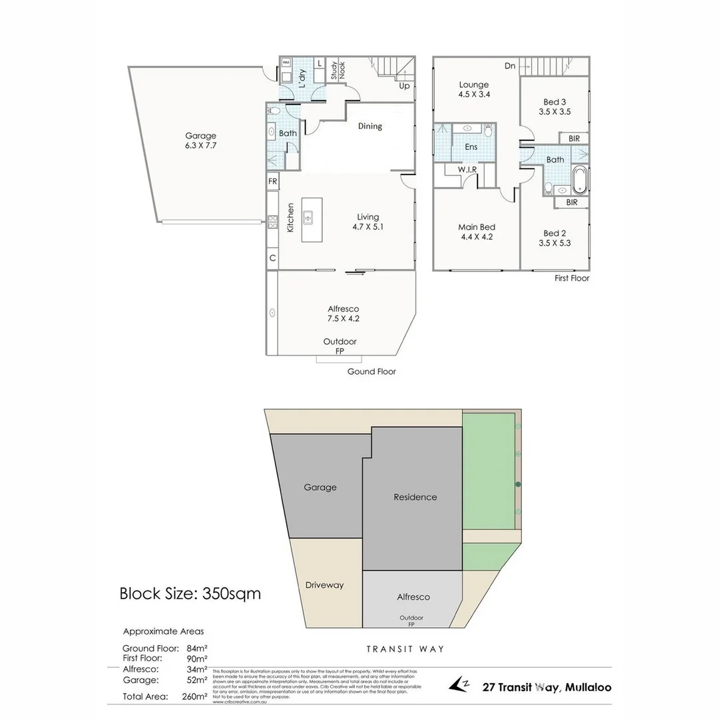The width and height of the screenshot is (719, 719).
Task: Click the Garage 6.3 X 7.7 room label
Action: tap(200, 140)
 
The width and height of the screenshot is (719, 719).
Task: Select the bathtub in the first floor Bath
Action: tap(580, 180)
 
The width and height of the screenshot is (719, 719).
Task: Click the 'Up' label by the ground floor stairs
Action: tap(404, 86)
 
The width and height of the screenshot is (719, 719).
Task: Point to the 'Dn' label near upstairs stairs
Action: tap(510, 66)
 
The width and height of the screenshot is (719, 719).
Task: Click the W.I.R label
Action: tap(467, 170)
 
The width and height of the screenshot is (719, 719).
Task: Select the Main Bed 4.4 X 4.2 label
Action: tap(477, 232)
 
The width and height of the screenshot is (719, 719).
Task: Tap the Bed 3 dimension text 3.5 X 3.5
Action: tap(555, 113)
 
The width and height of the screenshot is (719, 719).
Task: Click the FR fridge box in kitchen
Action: tap(272, 181)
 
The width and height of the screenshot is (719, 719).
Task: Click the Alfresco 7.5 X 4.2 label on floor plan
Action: tap(344, 314)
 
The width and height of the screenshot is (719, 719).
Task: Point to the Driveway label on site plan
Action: tap(324, 585)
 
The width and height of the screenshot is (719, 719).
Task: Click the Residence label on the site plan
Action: tap(415, 497)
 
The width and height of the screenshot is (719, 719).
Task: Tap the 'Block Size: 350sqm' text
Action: tap(190, 593)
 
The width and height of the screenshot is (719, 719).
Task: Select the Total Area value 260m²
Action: tap(194, 696)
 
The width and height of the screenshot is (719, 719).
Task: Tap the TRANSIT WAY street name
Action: tap(405, 649)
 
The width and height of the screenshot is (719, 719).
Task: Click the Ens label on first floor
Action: tap(471, 146)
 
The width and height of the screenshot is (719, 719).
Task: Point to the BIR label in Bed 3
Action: tap(573, 138)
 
